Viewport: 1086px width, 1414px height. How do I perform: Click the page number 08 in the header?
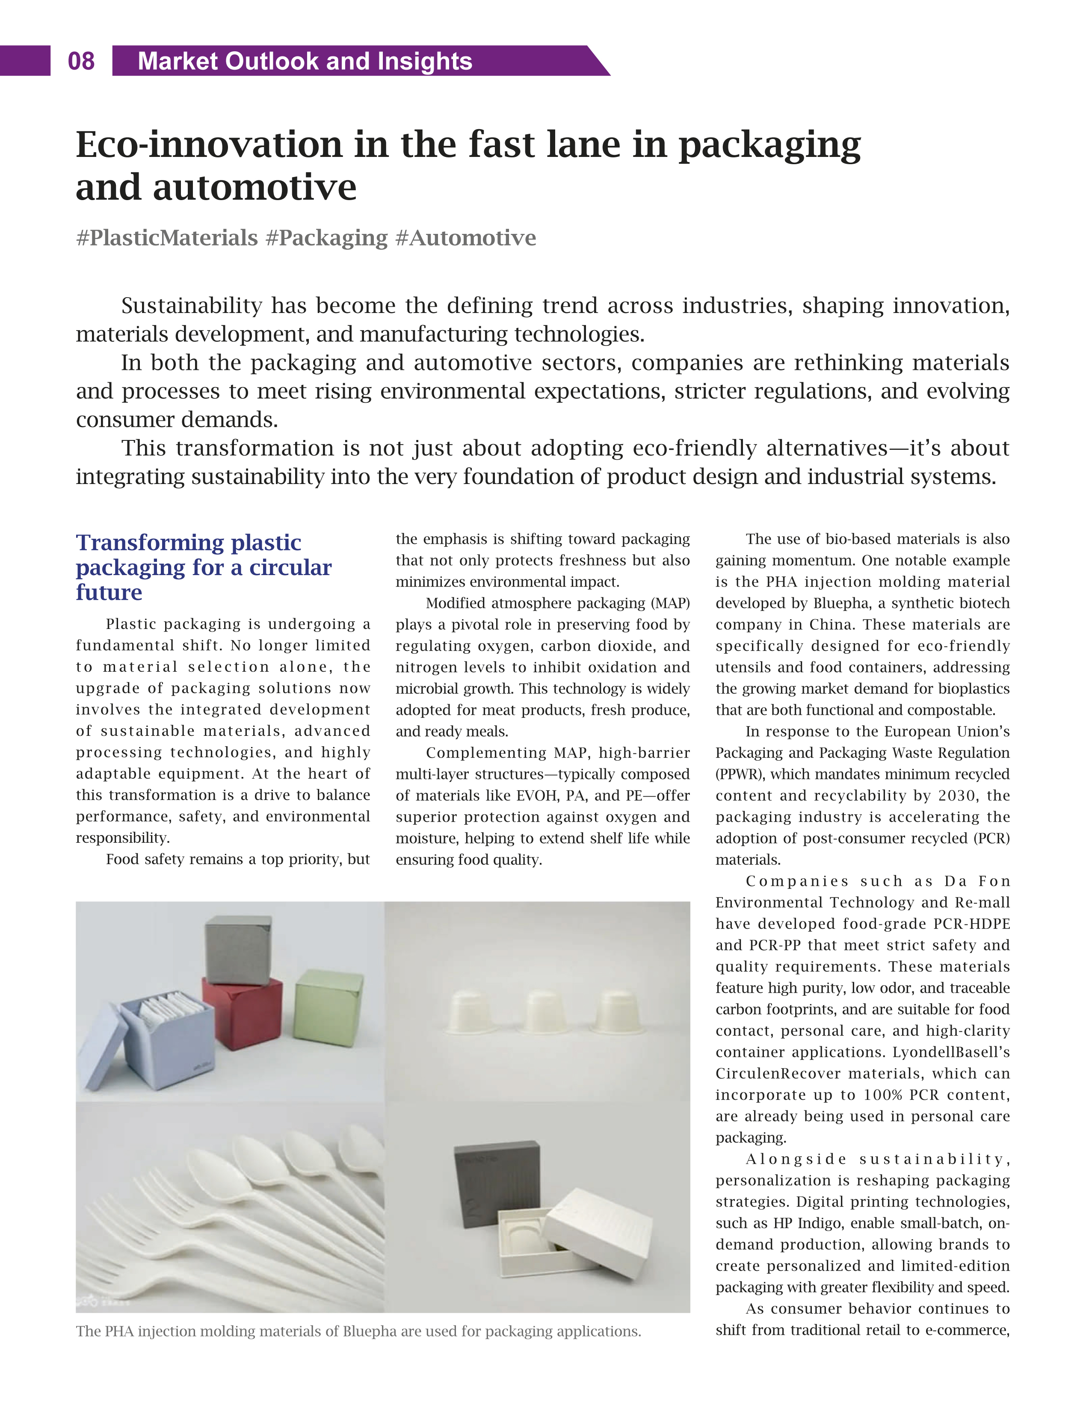[x=81, y=62]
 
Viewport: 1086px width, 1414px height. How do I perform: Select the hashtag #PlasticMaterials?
[x=167, y=238]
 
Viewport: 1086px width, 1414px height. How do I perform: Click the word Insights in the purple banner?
[x=425, y=62]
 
